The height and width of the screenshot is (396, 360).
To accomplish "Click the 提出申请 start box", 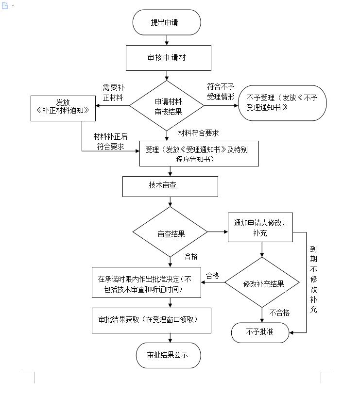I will tap(167, 22).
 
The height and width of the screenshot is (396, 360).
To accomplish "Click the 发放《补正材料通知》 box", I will tap(63, 107).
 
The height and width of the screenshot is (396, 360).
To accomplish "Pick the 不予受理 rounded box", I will tap(282, 103).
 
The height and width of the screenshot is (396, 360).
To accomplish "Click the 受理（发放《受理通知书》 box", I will tap(199, 154).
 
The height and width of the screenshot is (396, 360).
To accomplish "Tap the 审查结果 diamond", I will tap(171, 233).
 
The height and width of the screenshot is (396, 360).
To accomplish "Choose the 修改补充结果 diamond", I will tap(263, 284).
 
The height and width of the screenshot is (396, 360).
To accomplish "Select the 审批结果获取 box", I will tap(151, 320).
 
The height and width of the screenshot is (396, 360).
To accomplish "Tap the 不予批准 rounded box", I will tap(260, 332).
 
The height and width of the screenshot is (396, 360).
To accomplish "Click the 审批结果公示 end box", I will tap(168, 355).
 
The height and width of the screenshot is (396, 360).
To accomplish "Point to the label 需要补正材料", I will tap(112, 92).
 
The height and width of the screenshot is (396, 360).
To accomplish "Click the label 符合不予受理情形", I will tap(221, 91).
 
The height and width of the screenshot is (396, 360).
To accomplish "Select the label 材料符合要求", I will tap(198, 133).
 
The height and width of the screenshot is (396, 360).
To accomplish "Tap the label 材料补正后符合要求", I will tap(110, 142).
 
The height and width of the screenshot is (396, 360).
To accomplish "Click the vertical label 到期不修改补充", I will tap(314, 279).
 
